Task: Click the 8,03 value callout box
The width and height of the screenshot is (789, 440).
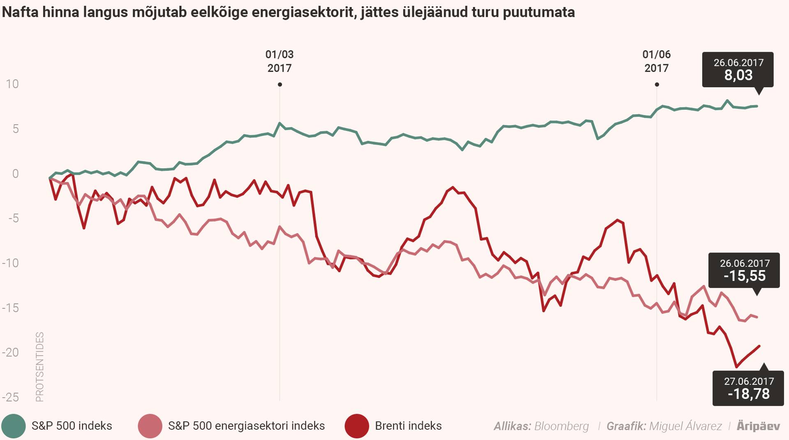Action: [x=738, y=69]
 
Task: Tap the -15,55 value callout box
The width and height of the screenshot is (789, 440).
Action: [x=744, y=270]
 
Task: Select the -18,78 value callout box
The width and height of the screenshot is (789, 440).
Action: [x=748, y=388]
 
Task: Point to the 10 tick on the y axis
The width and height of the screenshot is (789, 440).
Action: [x=12, y=84]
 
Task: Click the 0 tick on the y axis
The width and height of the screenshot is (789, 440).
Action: [x=15, y=174]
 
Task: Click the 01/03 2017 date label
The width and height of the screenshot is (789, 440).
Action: [x=279, y=61]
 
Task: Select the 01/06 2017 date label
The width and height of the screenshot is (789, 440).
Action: [x=656, y=61]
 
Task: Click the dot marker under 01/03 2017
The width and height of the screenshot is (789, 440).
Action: [x=280, y=85]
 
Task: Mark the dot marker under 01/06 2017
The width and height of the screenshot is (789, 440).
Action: [x=657, y=85]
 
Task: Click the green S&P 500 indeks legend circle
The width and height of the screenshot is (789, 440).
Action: [x=14, y=426]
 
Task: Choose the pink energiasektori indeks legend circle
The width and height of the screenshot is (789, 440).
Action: [x=150, y=426]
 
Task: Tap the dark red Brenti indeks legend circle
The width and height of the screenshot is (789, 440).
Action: [x=357, y=426]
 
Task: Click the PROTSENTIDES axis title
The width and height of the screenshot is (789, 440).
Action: [x=39, y=367]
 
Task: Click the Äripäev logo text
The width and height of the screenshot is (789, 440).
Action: [x=758, y=426]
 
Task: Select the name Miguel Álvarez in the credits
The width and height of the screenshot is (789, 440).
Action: [x=685, y=426]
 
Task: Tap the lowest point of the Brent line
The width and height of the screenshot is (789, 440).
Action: [x=736, y=367]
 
